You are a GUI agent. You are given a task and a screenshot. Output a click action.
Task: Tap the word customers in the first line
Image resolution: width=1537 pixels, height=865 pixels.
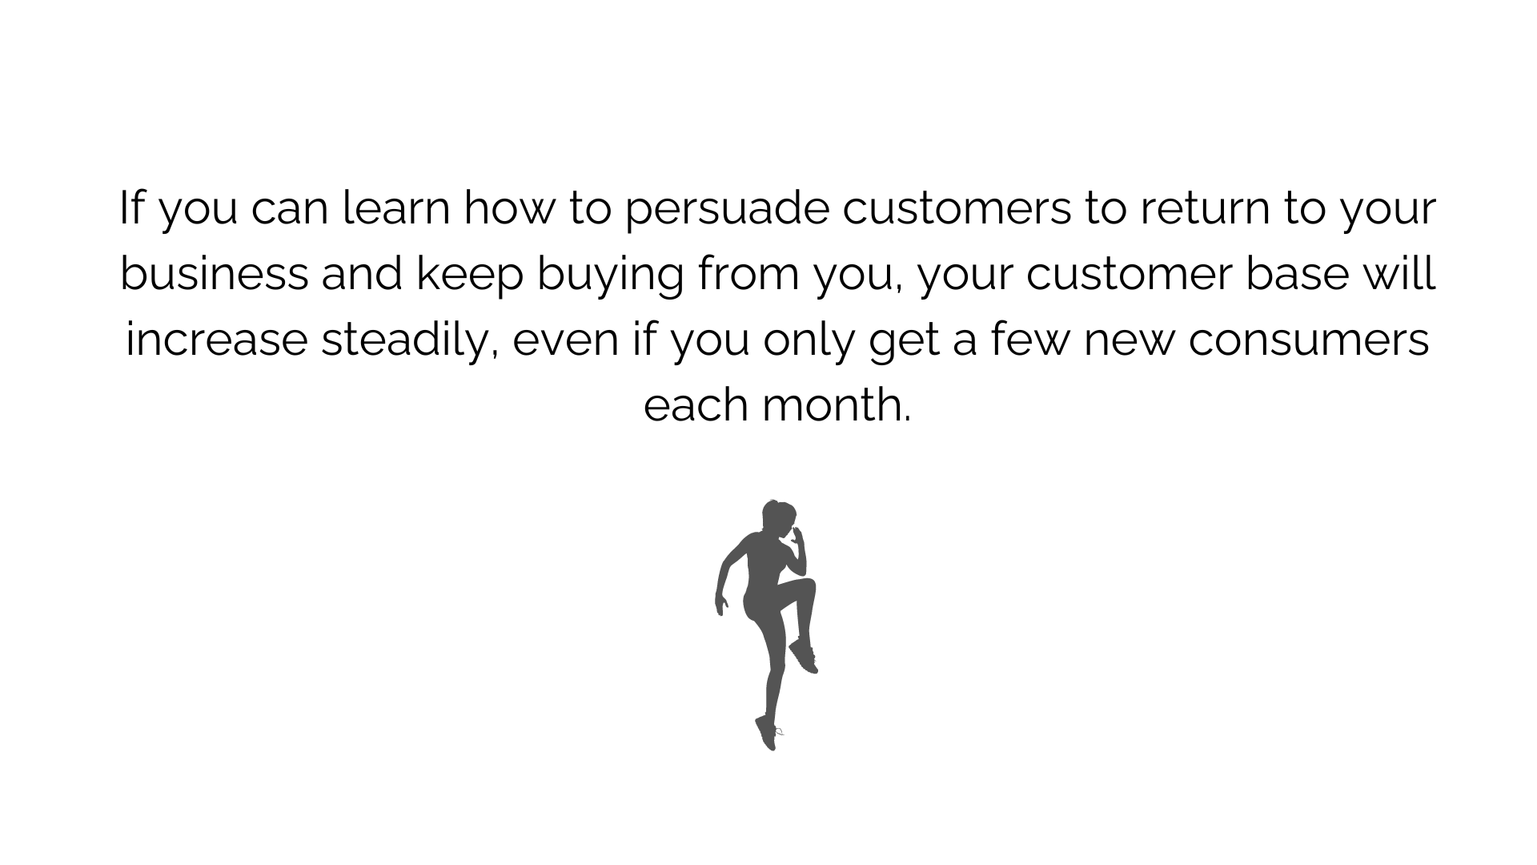(957, 210)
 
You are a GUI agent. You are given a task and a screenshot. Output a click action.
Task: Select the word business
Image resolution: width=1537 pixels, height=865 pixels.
(215, 274)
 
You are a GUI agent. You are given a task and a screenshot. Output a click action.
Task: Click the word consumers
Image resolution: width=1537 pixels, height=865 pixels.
(1309, 340)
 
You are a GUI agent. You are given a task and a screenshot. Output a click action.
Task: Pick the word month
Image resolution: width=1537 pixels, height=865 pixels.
(837, 404)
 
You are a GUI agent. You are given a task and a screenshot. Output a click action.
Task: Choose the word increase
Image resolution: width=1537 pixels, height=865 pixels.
(217, 340)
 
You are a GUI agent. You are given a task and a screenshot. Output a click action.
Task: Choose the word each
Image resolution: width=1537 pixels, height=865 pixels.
(696, 404)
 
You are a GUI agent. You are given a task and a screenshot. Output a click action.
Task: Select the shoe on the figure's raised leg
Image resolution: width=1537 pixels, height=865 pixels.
(804, 655)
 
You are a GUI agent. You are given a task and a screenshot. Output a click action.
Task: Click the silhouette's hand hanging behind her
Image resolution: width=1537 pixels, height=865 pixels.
(720, 602)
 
